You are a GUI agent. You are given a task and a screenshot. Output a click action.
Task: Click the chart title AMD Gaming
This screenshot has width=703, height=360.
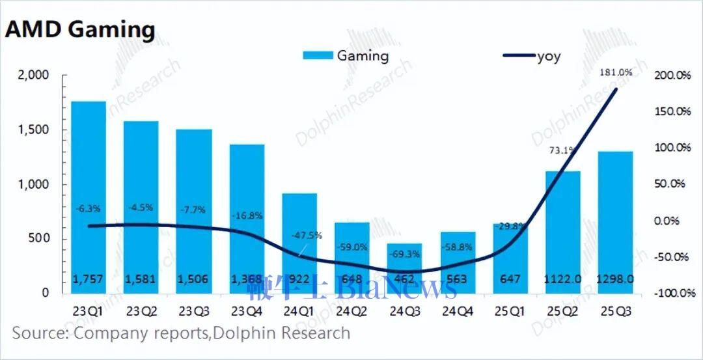click(80, 31)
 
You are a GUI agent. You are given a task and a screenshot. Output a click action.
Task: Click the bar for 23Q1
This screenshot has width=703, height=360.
click(88, 195)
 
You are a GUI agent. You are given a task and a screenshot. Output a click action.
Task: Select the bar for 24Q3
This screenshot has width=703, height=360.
click(405, 267)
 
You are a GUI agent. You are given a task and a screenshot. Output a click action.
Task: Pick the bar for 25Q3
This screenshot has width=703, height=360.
click(616, 221)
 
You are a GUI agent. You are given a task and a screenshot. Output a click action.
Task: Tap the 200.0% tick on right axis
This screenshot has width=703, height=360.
click(671, 76)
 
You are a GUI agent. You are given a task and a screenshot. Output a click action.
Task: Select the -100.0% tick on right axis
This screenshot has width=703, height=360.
click(670, 294)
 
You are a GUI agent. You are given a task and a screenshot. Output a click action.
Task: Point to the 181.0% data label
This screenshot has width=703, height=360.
click(616, 72)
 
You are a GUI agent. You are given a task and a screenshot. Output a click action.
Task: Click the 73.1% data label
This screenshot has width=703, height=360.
click(562, 150)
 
